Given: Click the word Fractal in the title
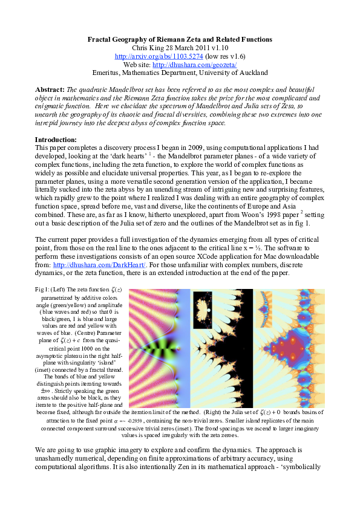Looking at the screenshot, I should (102, 39).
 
